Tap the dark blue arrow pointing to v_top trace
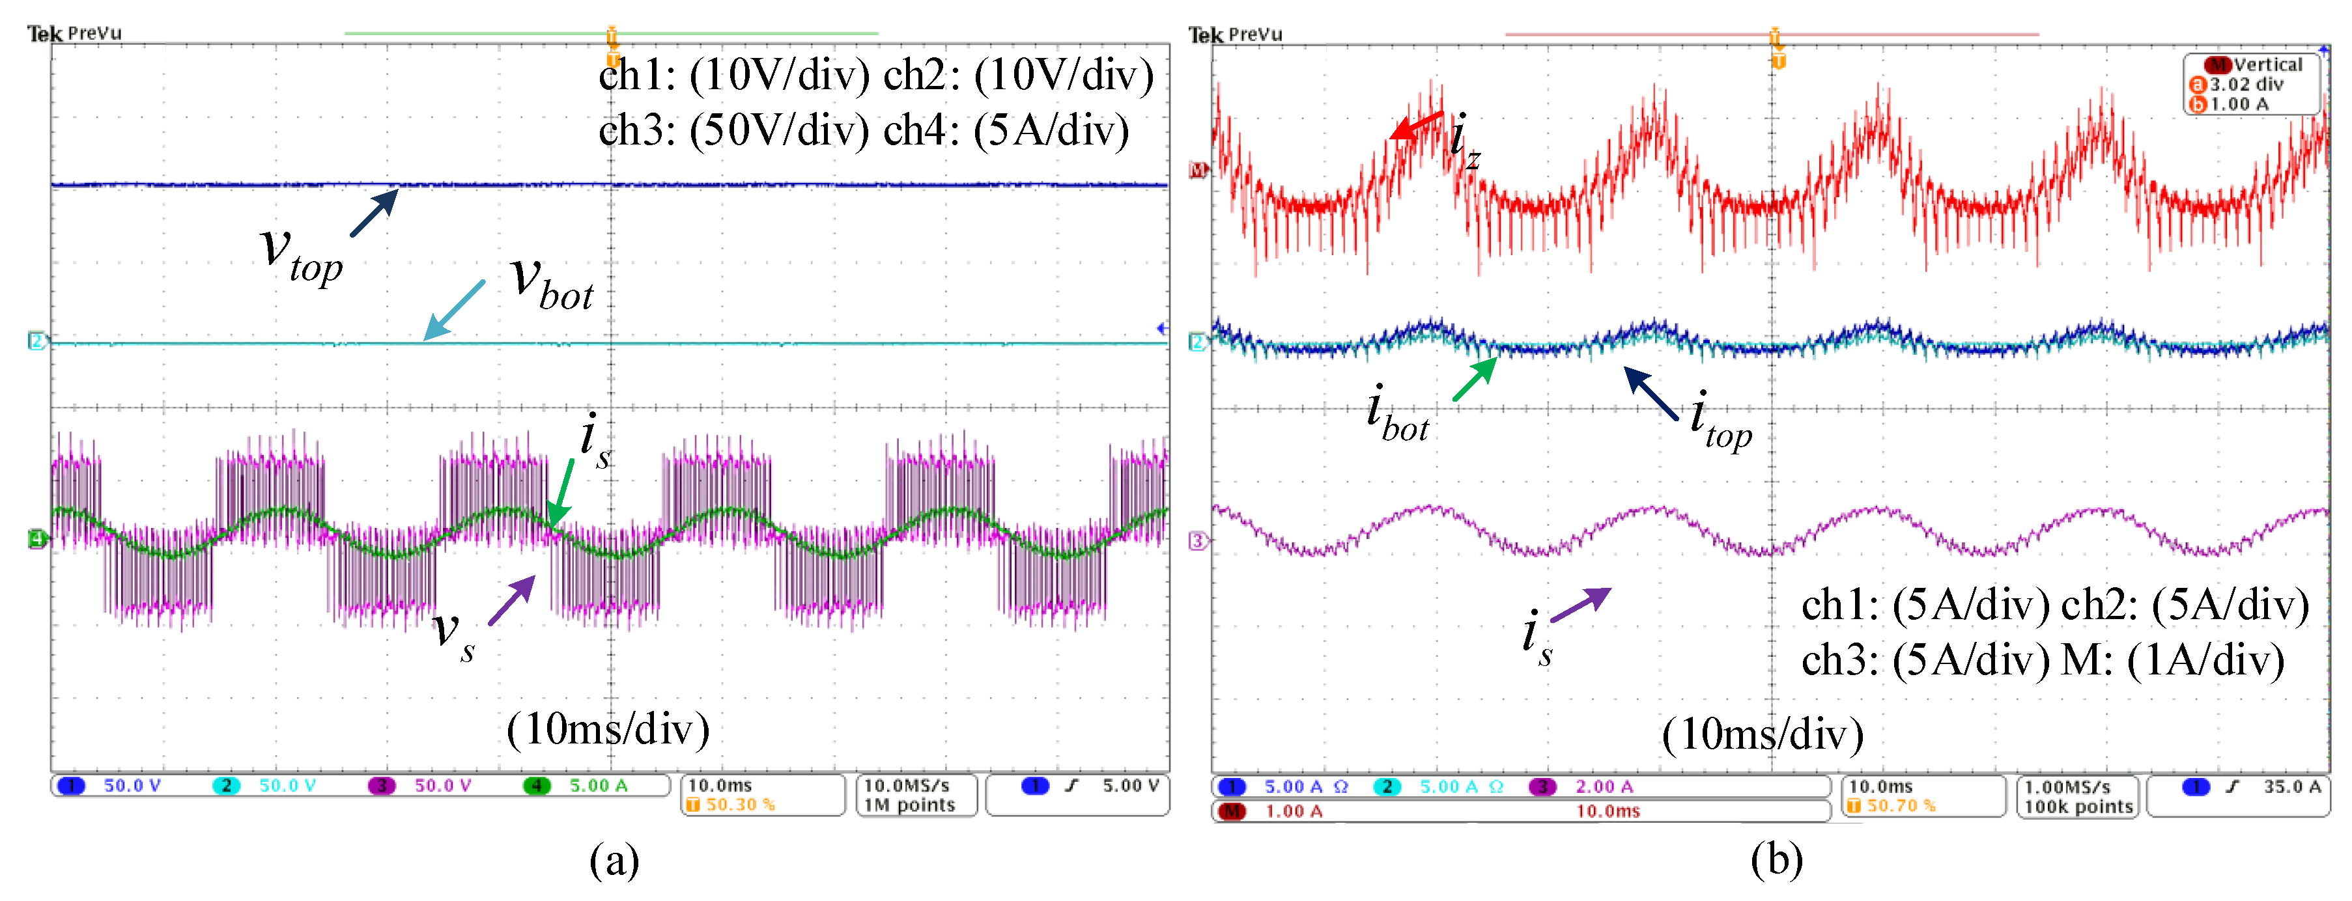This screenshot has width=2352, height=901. tap(375, 213)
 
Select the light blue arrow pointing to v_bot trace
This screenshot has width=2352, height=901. tap(454, 311)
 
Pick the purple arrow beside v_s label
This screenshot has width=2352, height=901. tap(512, 600)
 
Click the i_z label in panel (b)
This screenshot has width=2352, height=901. tap(1464, 141)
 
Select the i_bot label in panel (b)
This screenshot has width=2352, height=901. tap(1397, 415)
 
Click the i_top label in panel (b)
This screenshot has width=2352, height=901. tap(1720, 421)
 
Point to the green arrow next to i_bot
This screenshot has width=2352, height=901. tap(1475, 380)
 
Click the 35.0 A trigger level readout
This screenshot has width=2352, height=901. tap(2291, 786)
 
